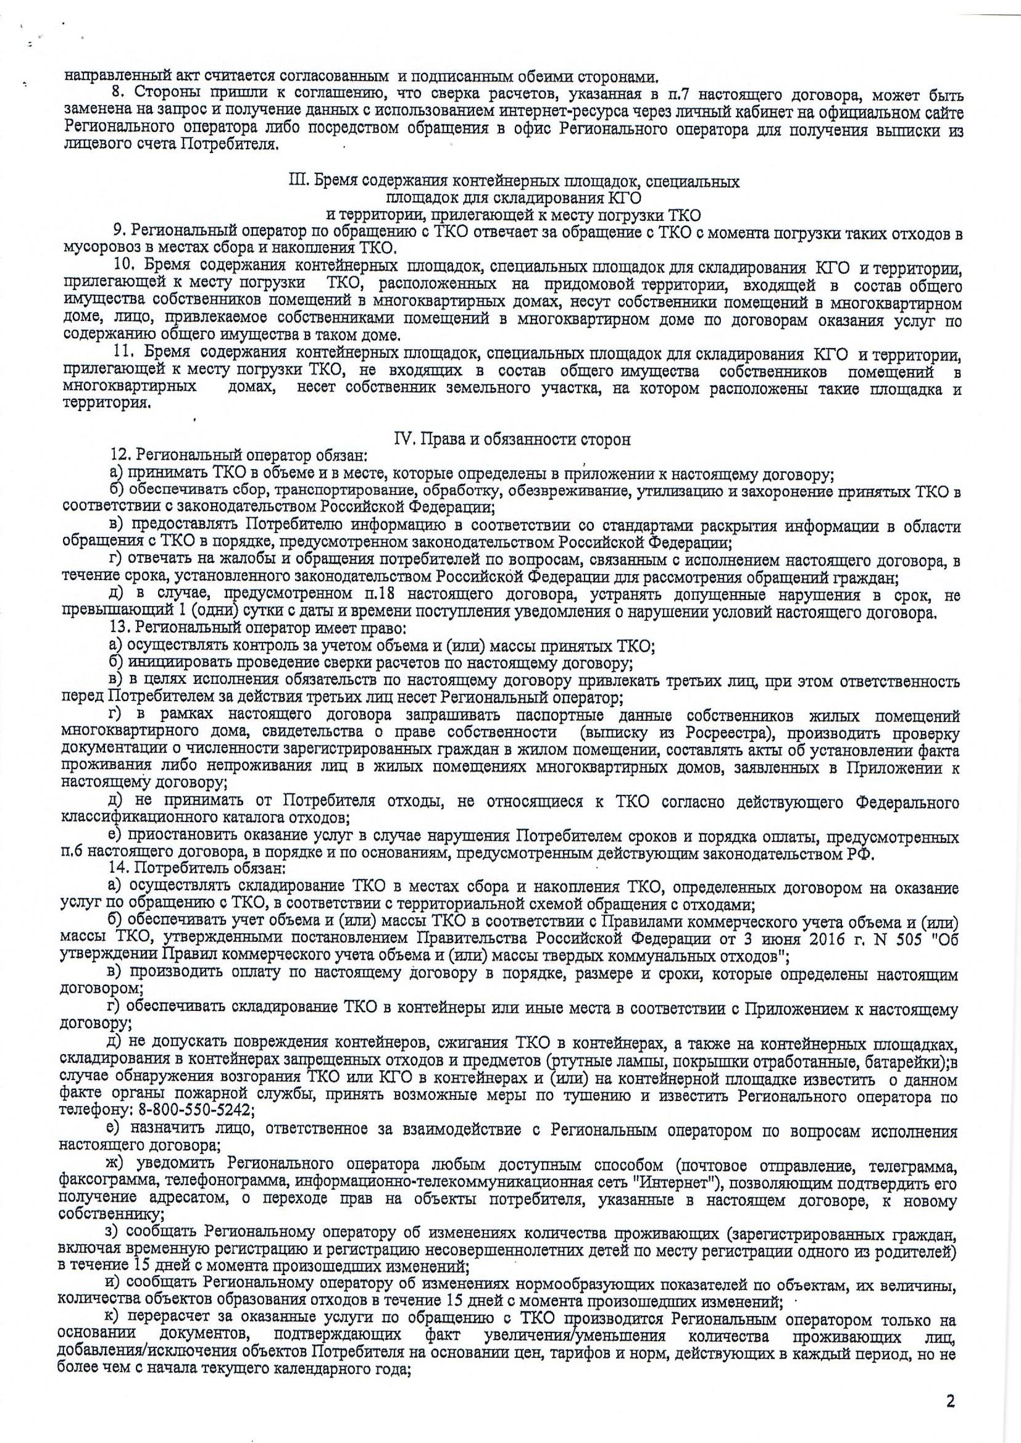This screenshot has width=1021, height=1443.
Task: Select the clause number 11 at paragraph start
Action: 119,356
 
